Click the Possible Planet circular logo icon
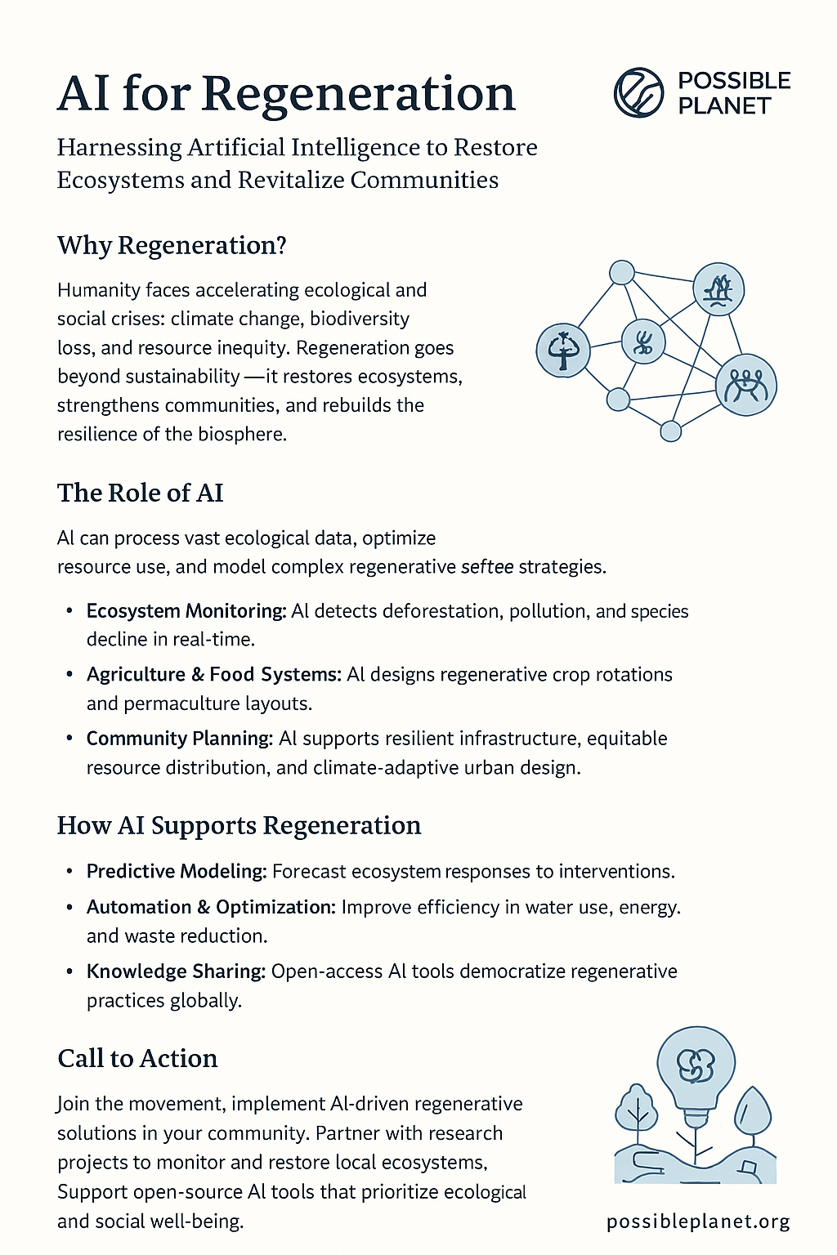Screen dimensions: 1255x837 coord(638,92)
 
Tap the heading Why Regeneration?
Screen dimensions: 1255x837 coord(172,245)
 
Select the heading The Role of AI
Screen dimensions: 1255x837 coord(140,493)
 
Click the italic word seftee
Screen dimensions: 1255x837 coord(487,566)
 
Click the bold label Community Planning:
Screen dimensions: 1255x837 coord(180,739)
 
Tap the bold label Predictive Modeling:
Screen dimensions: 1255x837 coord(177,871)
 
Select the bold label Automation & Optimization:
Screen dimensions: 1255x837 coord(211,907)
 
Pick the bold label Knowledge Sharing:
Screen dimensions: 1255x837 coord(176,971)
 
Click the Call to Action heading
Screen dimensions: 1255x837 coord(137,1059)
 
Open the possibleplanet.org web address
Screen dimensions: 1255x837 coord(698,1222)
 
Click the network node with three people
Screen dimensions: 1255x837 coord(745,385)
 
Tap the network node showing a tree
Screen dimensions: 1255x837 coord(562,350)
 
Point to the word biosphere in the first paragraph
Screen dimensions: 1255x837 coord(242,434)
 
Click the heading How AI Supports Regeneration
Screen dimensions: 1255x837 coord(239,825)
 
